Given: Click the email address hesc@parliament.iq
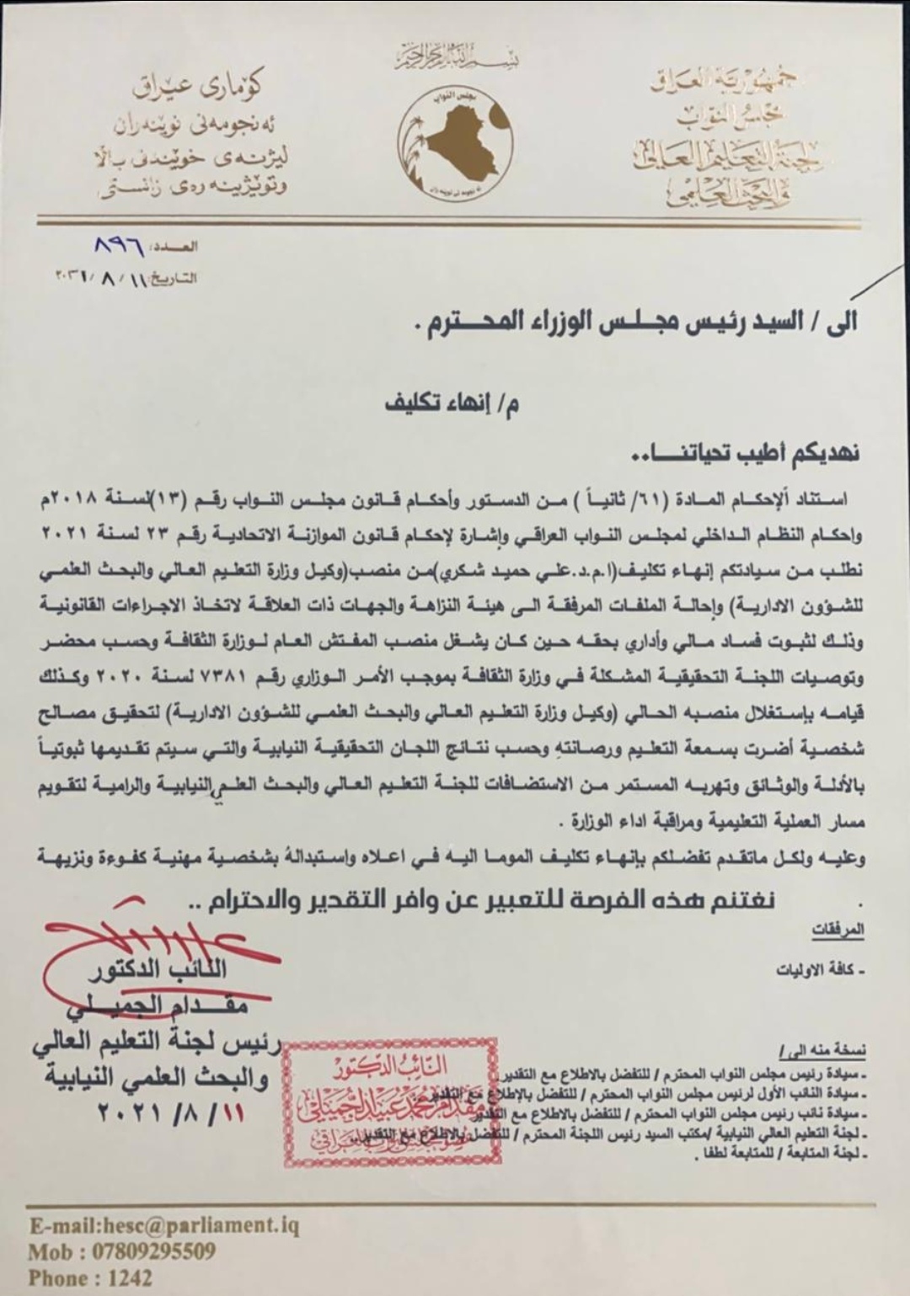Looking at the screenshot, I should (x=163, y=1224).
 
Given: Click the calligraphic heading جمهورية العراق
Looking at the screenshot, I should (x=726, y=82).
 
